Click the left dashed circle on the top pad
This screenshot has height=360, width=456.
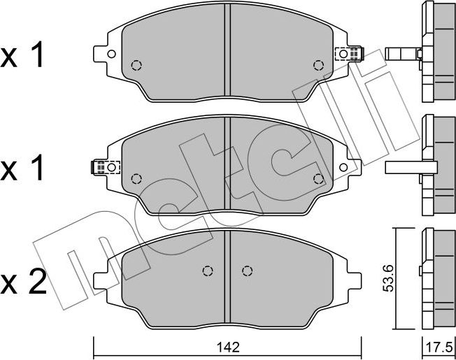(136, 66)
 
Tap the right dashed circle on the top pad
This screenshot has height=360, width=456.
(319, 66)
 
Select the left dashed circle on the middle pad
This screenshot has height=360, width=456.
(136, 178)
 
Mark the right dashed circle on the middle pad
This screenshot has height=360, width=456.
(319, 178)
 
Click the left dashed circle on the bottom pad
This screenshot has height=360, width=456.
(207, 271)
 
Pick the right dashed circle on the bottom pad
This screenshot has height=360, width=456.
(246, 271)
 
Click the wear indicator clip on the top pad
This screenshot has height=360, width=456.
(350, 52)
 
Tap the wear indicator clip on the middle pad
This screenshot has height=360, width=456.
(104, 167)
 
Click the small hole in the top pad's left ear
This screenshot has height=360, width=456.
(111, 54)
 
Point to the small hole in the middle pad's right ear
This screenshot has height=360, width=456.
(343, 167)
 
